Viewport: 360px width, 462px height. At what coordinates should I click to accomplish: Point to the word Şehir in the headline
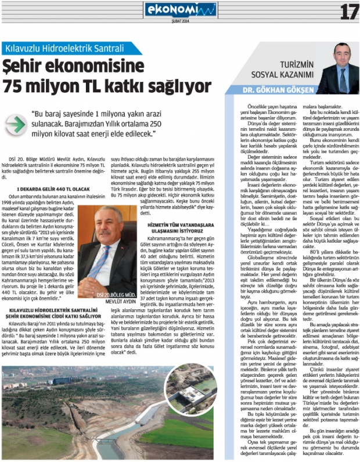point(29,65)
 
